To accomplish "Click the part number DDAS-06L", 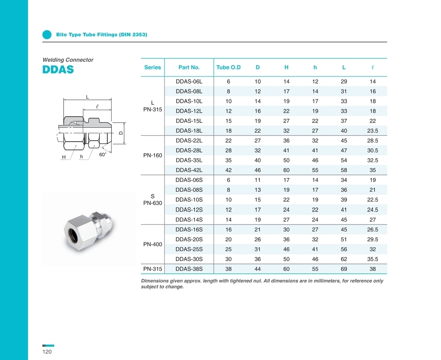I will click(189, 82).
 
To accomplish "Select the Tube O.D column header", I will click(228, 67).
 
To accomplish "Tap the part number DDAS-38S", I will click(189, 269).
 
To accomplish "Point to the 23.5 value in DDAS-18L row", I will click(373, 131).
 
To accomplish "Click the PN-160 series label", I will click(153, 156).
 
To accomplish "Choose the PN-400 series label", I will click(153, 244).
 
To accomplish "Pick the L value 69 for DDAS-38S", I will click(344, 269).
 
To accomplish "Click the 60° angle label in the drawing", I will click(103, 155).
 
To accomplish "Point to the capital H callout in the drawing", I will click(64, 157).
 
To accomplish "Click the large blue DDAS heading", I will click(58, 70).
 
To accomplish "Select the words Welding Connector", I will click(68, 60).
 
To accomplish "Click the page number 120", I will click(47, 352).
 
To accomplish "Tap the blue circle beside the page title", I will click(47, 34).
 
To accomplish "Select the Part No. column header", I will click(189, 67).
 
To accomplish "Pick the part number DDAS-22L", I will click(189, 141).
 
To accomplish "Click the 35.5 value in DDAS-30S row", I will click(373, 259).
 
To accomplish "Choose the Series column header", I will click(153, 67).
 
